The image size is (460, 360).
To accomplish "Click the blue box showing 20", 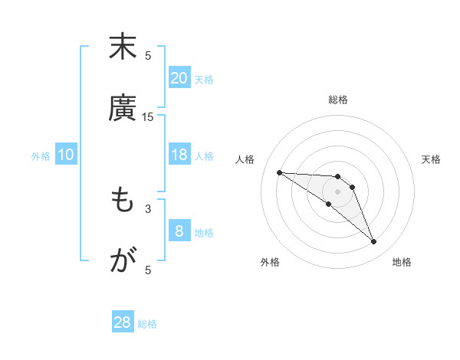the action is tap(179, 78).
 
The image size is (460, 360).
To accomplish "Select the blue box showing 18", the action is tap(179, 155).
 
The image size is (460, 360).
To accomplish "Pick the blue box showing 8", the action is tap(179, 231).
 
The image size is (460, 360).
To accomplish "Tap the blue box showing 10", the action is tap(66, 155).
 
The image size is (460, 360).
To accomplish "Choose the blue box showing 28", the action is tap(123, 322).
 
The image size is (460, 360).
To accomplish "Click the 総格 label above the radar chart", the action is tap(337, 100).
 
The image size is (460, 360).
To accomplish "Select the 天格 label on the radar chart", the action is tap(431, 159).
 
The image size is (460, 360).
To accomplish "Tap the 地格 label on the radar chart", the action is tap(402, 262).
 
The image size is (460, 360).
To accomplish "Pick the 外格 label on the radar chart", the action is tap(270, 262).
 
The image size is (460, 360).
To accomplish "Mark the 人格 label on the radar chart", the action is tap(246, 159).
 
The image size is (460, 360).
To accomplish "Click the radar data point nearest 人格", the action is tap(279, 172).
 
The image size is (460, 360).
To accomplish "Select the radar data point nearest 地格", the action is tap(373, 242).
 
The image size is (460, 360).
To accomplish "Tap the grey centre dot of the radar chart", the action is tap(337, 191).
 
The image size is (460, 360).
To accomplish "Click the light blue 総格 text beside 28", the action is tap(147, 324).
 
